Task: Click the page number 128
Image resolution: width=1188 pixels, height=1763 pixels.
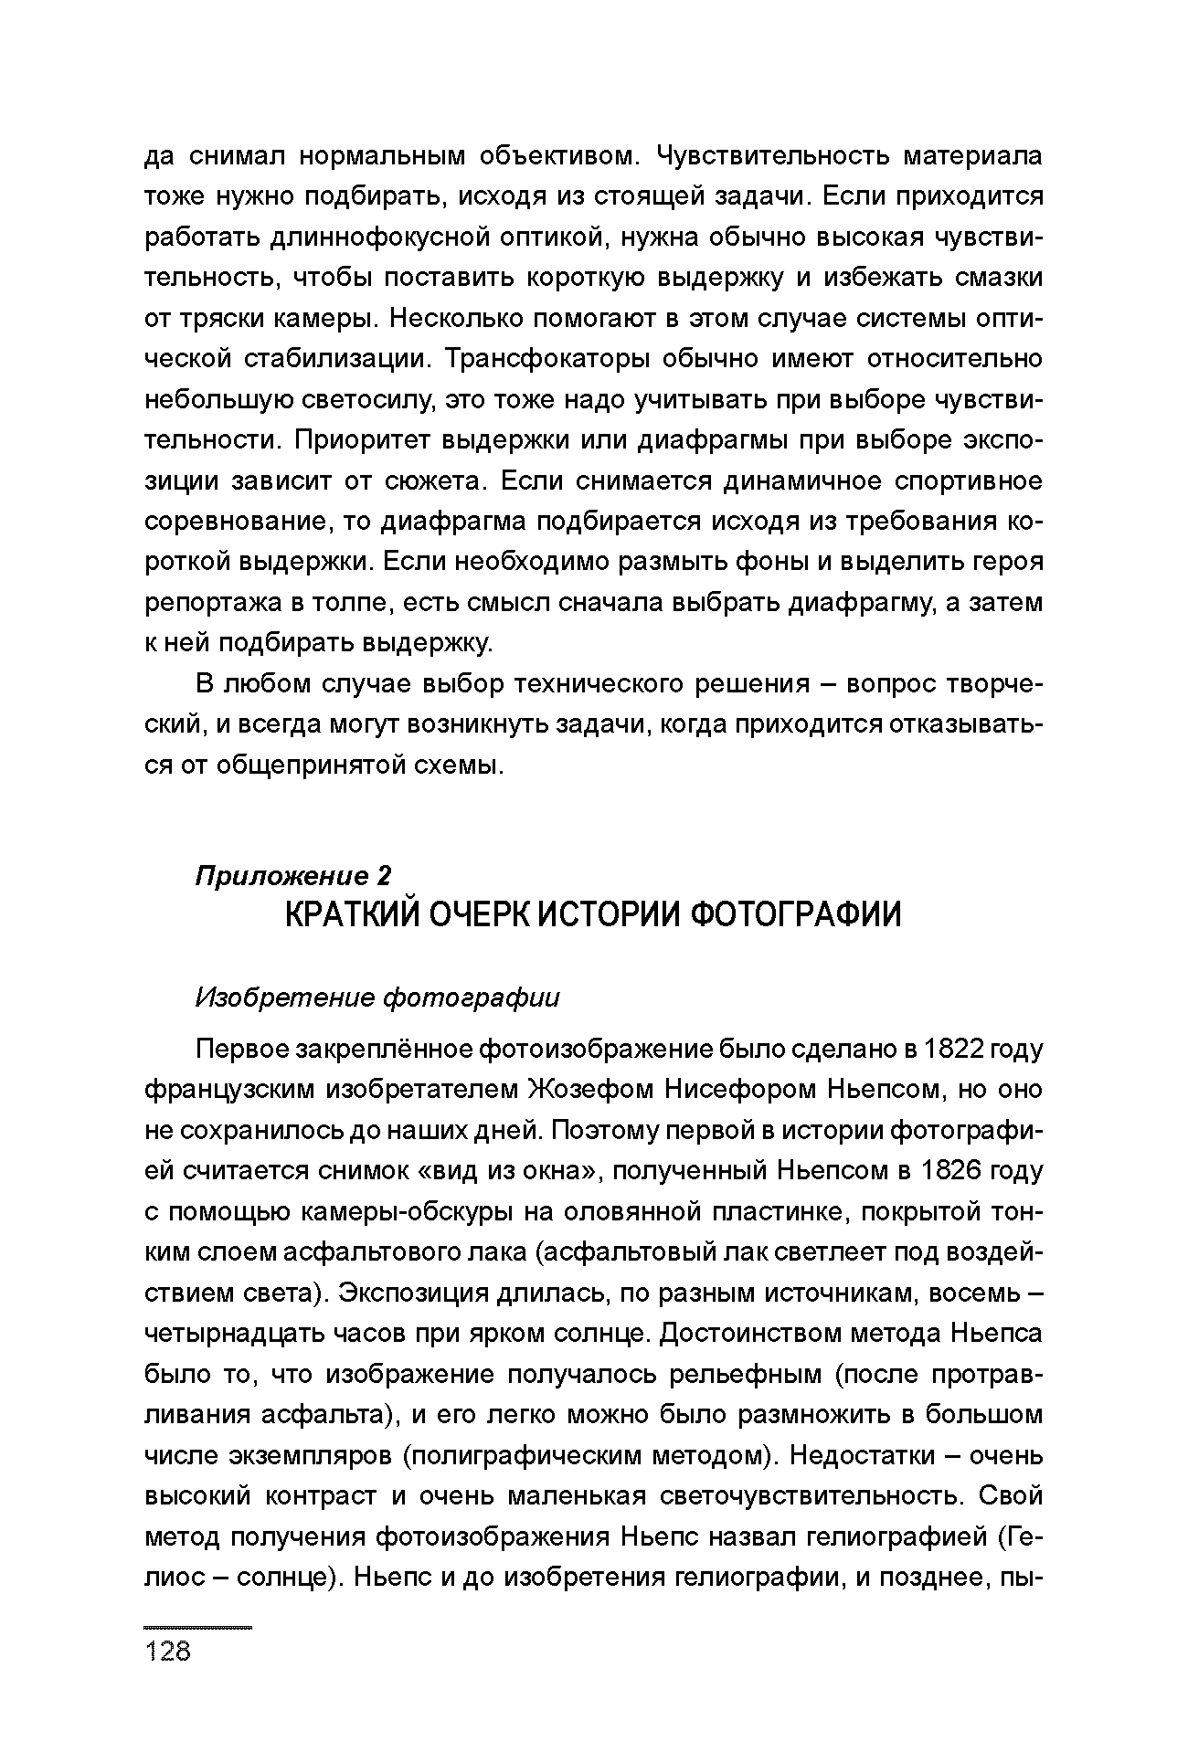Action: (x=168, y=1651)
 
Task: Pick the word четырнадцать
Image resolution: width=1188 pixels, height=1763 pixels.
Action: (x=231, y=1333)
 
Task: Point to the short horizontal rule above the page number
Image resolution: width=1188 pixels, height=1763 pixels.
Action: (x=198, y=1627)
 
